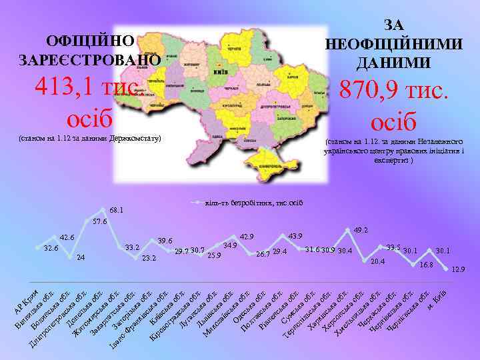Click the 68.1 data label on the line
click(117, 210)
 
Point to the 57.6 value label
click(99, 221)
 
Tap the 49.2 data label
click(361, 229)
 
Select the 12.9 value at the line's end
click(458, 269)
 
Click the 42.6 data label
click(67, 237)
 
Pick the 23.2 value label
click(149, 258)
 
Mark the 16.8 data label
click(427, 265)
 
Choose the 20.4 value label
click(378, 261)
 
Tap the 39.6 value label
click(165, 241)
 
